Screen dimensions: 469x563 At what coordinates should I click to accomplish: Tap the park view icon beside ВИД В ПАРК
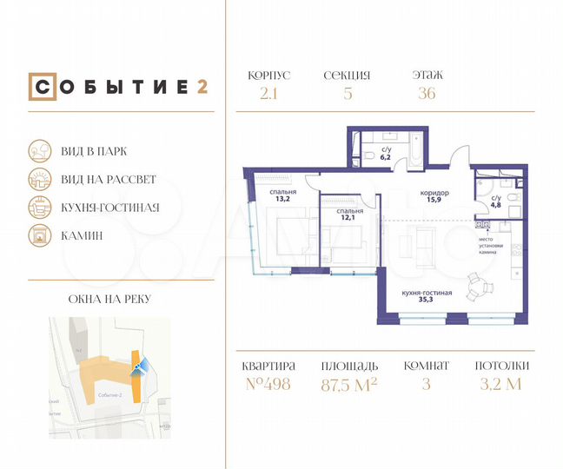click(x=39, y=150)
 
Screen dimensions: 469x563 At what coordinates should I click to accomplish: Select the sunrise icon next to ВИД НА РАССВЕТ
click(x=39, y=179)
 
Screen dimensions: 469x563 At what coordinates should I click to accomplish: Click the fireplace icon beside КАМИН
click(x=39, y=234)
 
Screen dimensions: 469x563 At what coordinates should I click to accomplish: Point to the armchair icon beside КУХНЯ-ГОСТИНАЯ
click(x=39, y=207)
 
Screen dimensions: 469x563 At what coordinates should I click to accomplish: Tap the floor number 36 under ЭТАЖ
click(x=427, y=94)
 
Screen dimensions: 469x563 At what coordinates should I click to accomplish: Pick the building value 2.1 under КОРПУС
click(x=268, y=94)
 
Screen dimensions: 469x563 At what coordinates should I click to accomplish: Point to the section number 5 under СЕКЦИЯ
click(x=348, y=94)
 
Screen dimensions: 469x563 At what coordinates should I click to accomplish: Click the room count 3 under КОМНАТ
click(x=427, y=385)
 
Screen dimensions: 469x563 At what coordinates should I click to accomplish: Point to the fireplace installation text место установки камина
click(x=491, y=246)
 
